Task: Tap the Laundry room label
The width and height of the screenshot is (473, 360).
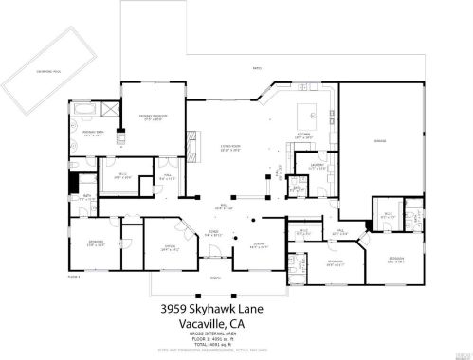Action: pyautogui.click(x=317, y=168)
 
